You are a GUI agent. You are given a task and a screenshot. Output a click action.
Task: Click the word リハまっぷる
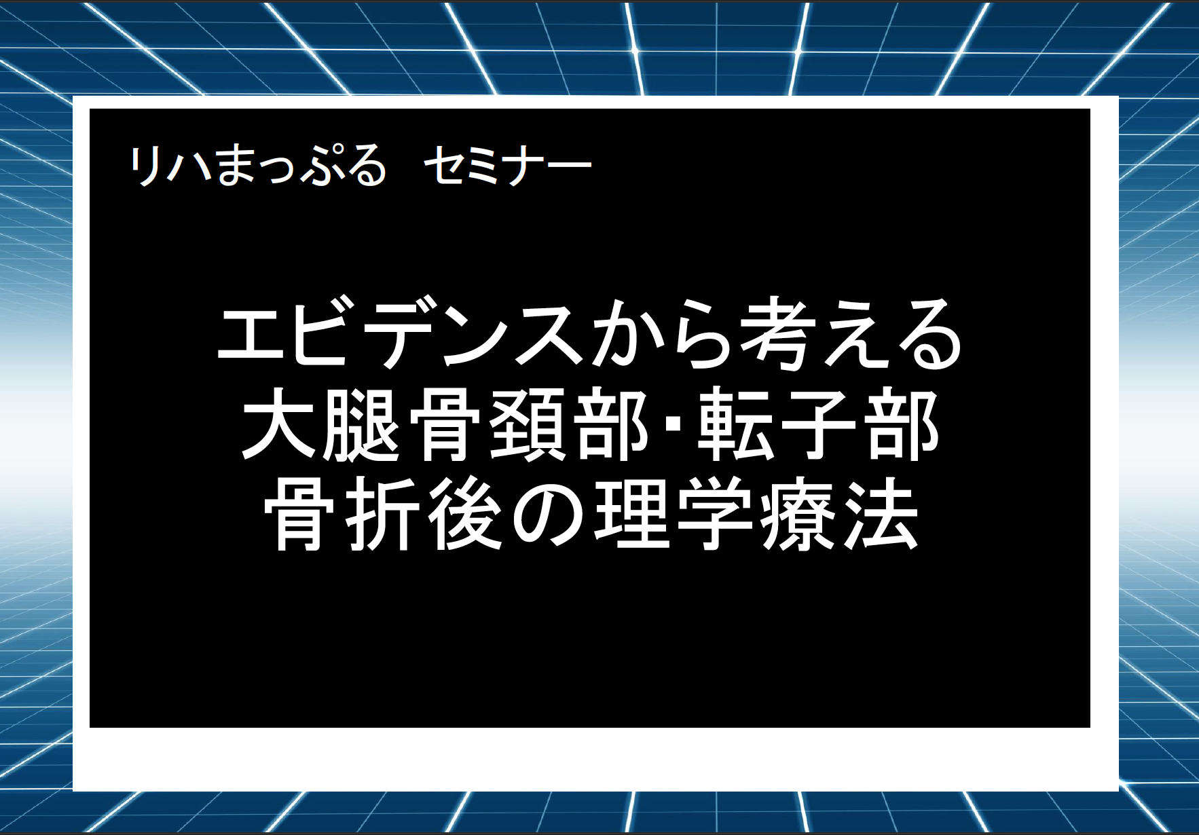(x=258, y=165)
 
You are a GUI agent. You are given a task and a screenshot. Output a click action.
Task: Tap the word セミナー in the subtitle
(x=508, y=165)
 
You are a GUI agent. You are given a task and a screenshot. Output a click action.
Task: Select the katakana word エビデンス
(x=401, y=335)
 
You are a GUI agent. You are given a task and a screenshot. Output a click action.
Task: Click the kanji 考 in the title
(x=777, y=335)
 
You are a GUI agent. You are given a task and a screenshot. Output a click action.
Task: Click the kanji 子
(x=819, y=426)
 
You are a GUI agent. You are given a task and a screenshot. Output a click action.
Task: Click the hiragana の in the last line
(x=549, y=513)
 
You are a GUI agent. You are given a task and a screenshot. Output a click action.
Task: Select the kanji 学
(x=716, y=512)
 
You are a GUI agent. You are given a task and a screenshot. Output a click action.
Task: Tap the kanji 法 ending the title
(x=883, y=512)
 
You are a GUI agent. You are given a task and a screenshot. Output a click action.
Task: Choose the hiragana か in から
(x=625, y=335)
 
